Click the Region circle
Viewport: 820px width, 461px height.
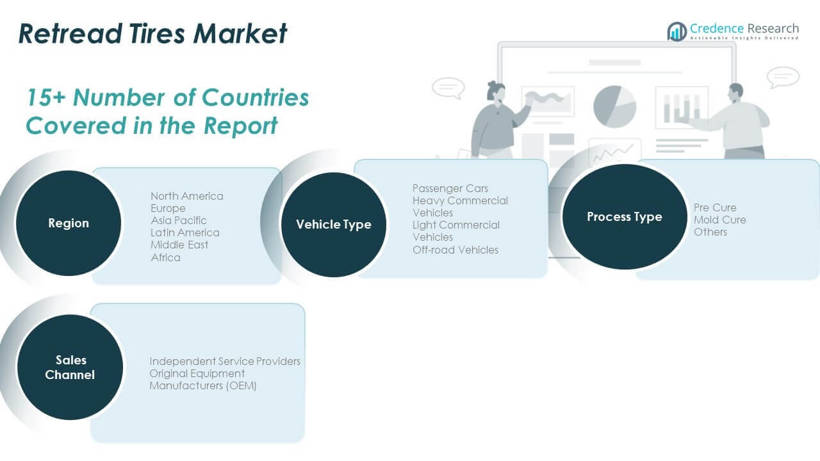[x=68, y=223]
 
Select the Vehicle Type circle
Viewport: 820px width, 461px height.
[x=333, y=225]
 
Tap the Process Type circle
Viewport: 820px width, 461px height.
[x=624, y=216]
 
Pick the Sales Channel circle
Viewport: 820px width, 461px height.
[x=70, y=367]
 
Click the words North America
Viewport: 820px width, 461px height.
[x=186, y=196]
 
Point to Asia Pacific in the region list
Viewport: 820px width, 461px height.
[x=178, y=220]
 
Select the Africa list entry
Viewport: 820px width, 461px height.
[x=165, y=257]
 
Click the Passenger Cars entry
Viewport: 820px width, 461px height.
[x=450, y=188]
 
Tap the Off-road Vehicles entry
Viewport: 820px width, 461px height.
[x=455, y=250]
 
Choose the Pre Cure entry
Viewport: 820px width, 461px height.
[x=715, y=207]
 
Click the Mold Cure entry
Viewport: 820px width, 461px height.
[x=719, y=220]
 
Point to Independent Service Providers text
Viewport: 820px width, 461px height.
[x=225, y=361]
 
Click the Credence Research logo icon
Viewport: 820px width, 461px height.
[x=676, y=31]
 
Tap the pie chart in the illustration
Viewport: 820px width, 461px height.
[x=614, y=106]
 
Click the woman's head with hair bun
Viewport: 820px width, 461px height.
[x=496, y=92]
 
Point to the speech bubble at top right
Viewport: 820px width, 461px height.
[x=783, y=77]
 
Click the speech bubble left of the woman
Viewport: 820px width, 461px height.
[x=448, y=88]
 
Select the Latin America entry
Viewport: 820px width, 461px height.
[x=184, y=232]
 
